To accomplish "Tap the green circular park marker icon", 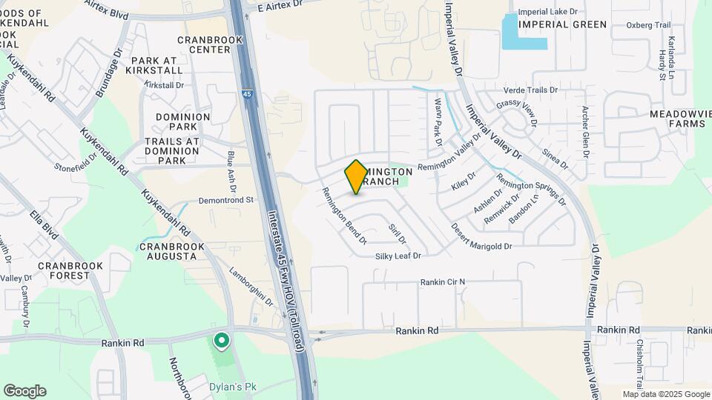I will click(221, 341).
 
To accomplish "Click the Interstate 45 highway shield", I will click(245, 95).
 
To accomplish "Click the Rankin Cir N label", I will click(442, 282).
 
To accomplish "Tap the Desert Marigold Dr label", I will click(481, 237).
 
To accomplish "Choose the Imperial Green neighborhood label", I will click(563, 24).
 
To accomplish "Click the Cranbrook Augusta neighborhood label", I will click(168, 251).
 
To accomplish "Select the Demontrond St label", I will click(226, 200).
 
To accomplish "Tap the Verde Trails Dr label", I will click(530, 90).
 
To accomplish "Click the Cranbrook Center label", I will click(204, 44).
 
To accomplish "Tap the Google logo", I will click(24, 390).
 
